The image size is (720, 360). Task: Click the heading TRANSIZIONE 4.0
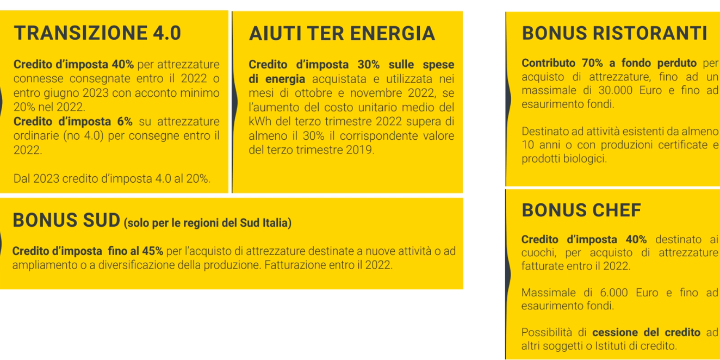click(97, 33)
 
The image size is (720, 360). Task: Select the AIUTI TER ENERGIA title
click(342, 34)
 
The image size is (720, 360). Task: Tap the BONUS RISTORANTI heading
click(615, 33)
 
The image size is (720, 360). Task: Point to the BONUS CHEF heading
click(581, 210)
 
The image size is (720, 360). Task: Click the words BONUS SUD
click(66, 221)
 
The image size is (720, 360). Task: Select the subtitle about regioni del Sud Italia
click(208, 223)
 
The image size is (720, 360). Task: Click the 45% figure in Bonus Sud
click(153, 251)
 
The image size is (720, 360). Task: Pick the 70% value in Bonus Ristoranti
click(586, 63)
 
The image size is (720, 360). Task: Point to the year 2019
click(359, 150)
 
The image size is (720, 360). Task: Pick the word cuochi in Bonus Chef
click(540, 252)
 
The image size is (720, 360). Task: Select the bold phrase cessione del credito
click(646, 332)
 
